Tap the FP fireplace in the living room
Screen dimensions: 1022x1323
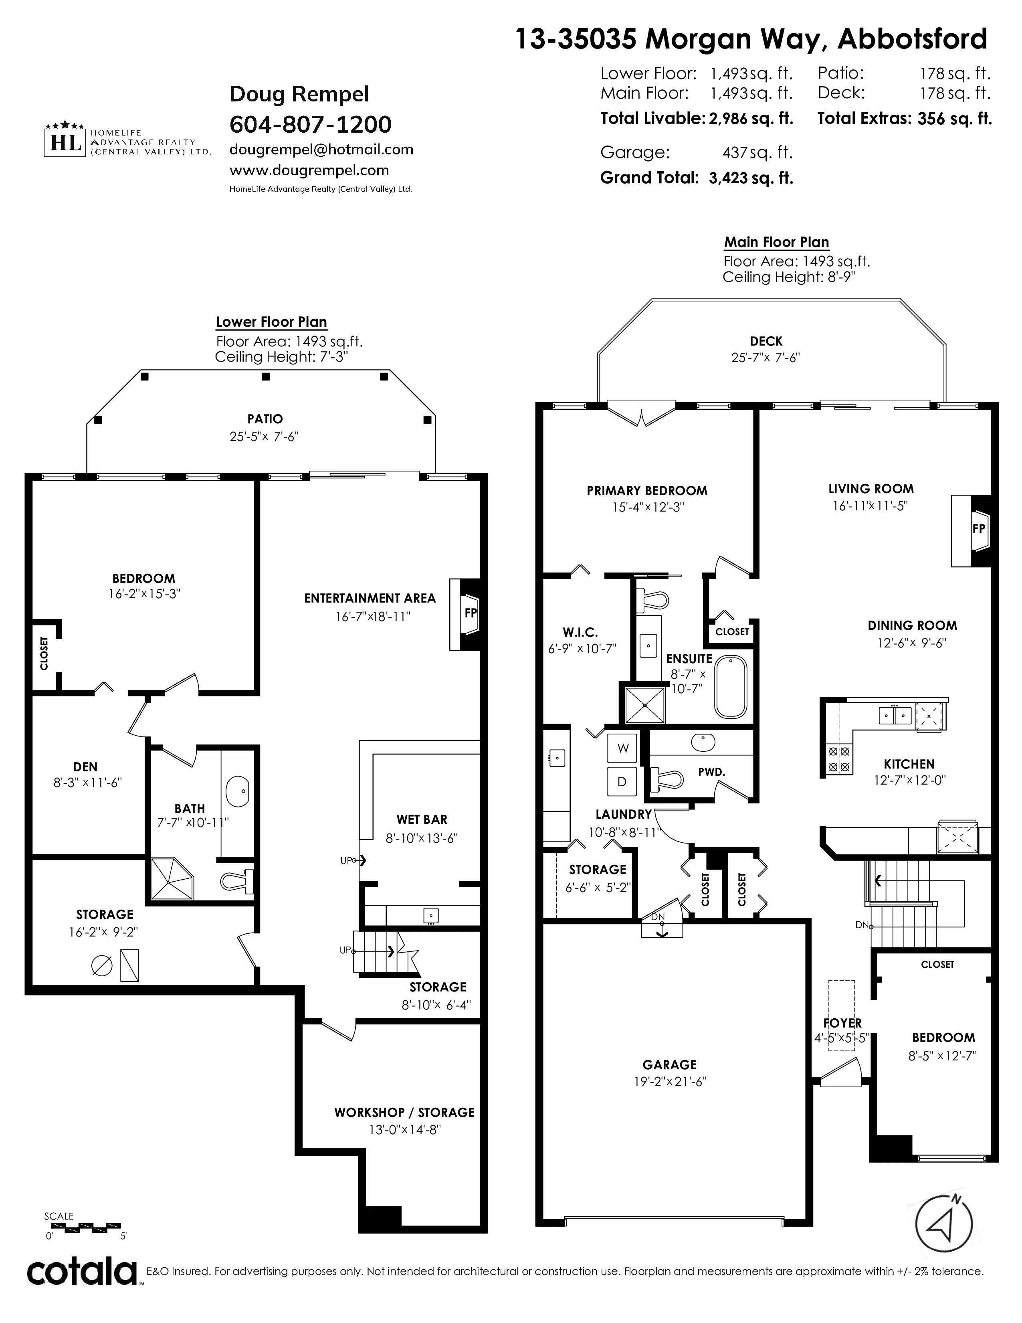click(x=971, y=530)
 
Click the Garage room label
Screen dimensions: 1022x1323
click(x=670, y=1064)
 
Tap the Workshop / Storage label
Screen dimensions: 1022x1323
click(x=404, y=1112)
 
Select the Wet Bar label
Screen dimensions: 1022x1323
click(x=422, y=819)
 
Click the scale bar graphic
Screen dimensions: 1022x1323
click(x=83, y=1228)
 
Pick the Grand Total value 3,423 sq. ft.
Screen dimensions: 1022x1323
click(x=751, y=178)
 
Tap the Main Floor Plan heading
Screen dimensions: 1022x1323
click(x=777, y=242)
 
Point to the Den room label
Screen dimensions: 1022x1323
click(x=85, y=767)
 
